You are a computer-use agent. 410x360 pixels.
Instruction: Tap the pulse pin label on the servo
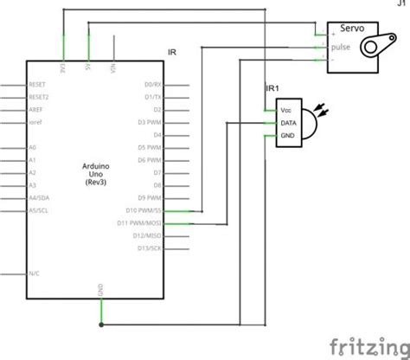pyautogui.click(x=340, y=48)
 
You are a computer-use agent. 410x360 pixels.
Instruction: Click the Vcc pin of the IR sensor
pyautogui.click(x=286, y=111)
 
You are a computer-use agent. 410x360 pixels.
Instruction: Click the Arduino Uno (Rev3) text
pyautogui.click(x=95, y=173)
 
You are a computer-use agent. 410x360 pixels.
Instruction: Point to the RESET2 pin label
pyautogui.click(x=40, y=98)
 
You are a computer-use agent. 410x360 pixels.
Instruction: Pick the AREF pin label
pyautogui.click(x=36, y=110)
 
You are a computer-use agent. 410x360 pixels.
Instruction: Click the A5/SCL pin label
pyautogui.click(x=38, y=210)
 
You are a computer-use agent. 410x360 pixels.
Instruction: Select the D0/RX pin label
pyautogui.click(x=152, y=85)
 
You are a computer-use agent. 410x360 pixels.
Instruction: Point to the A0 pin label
pyautogui.click(x=32, y=148)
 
